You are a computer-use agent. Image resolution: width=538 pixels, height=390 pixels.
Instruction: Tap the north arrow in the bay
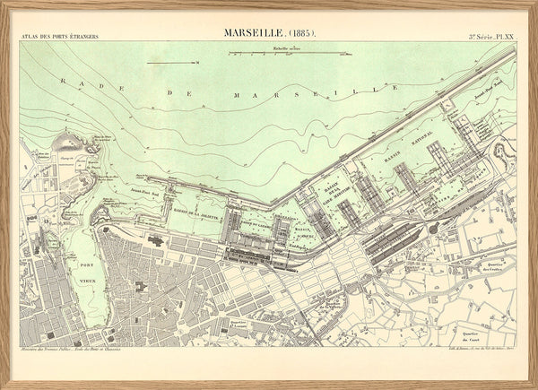pyautogui.click(x=173, y=63)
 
